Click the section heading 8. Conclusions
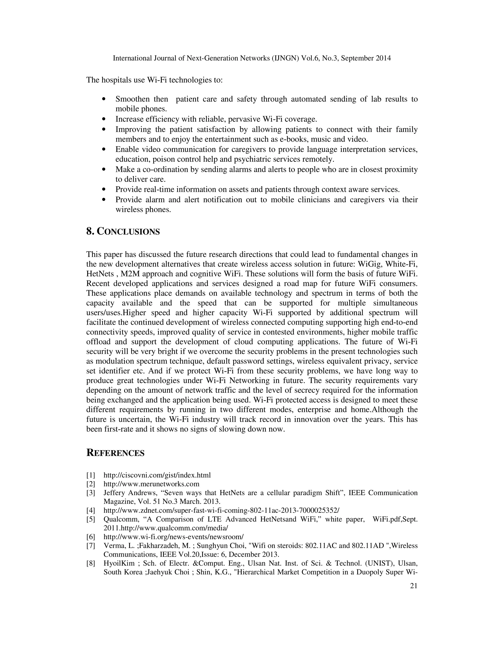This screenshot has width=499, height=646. pyautogui.click(x=123, y=231)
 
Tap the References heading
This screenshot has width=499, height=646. pyautogui.click(x=115, y=453)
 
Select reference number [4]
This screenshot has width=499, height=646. pyautogui.click(x=91, y=510)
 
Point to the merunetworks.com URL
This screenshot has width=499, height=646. pyautogui.click(x=151, y=484)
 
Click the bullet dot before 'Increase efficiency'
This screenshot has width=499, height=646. pyautogui.click(x=104, y=119)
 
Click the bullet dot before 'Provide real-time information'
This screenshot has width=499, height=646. pyautogui.click(x=104, y=189)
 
